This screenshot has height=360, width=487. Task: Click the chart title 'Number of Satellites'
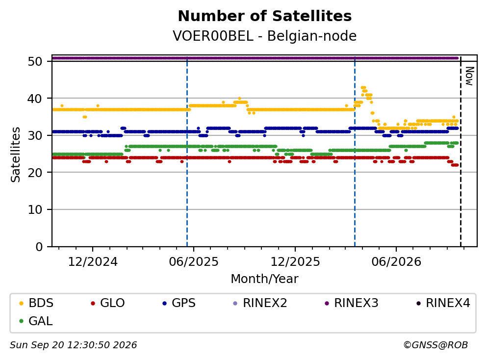pos(265,16)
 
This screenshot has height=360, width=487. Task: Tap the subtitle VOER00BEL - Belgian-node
pos(265,36)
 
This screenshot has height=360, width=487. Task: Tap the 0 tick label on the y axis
pos(39,247)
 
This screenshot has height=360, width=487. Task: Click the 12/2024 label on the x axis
pos(93,262)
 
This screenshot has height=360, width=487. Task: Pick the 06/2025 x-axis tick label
pos(194,262)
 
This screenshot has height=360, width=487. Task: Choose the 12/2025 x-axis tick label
pos(295,262)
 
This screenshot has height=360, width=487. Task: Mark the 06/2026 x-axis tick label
pos(396,262)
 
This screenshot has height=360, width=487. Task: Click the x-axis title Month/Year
pos(264,279)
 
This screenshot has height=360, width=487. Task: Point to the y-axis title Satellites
pos(15,154)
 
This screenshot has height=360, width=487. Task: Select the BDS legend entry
pos(36,303)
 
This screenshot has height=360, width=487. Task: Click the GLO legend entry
pos(107,303)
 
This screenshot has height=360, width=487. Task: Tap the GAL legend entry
pos(36,321)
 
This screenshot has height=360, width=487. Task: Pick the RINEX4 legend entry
pos(443,303)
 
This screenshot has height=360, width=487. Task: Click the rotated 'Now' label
pos(469,76)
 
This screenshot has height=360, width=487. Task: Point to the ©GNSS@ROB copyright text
pos(436,345)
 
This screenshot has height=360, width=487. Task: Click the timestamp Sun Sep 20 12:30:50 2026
pos(73,345)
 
